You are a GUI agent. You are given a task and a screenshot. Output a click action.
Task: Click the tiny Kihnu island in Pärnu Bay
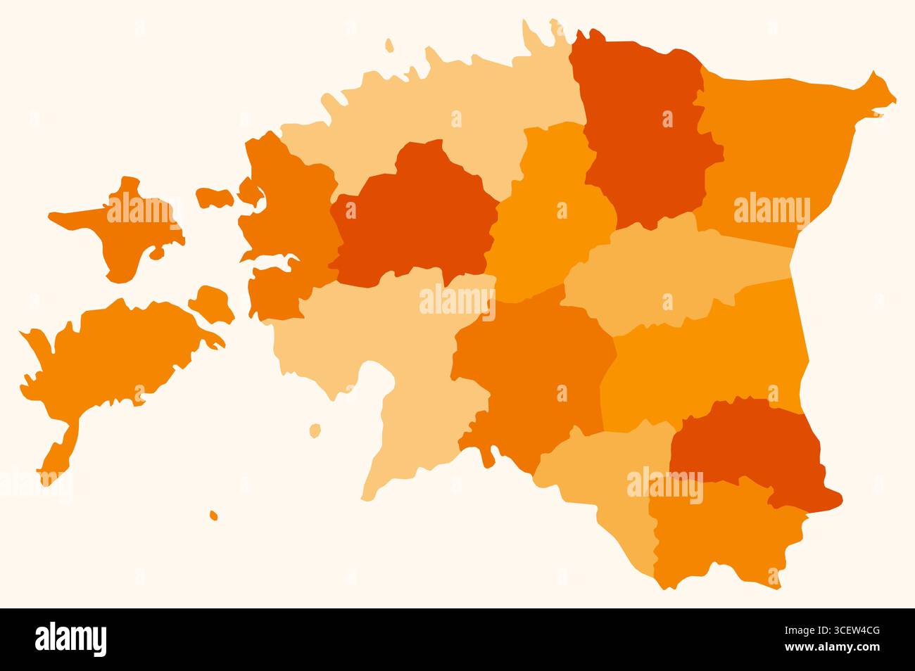(315, 429)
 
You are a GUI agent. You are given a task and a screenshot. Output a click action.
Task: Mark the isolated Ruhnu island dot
(213, 516)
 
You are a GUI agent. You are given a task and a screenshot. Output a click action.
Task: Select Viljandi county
(535, 373)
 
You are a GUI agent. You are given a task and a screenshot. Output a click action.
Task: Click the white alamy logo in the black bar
(71, 639)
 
